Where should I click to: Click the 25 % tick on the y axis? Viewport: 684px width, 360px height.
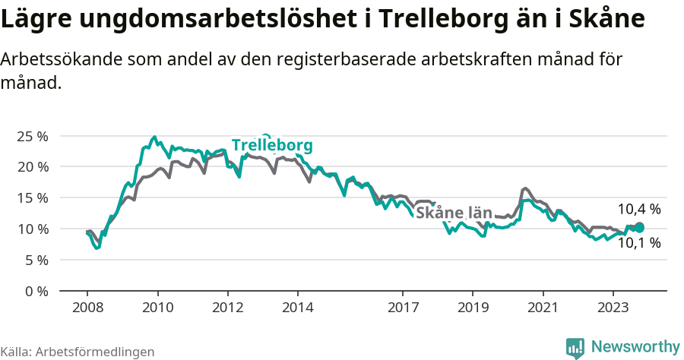pos(33,136)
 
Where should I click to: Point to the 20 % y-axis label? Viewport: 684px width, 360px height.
pos(33,166)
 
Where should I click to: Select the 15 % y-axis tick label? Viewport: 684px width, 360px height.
pos(33,197)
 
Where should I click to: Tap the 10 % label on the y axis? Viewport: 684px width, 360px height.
pos(33,229)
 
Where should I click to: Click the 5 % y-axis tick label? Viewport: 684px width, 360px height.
pos(36,260)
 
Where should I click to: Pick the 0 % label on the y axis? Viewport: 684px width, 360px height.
pos(36,291)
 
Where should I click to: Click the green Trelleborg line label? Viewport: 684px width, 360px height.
pos(272,145)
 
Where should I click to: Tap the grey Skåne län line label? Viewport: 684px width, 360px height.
pos(454,213)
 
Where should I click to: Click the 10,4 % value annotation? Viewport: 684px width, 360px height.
pos(638,209)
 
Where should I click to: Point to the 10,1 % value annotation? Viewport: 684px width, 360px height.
pos(638,243)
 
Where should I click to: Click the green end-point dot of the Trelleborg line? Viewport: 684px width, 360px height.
pos(639,227)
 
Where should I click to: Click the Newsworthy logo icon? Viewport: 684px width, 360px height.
pos(575,347)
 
